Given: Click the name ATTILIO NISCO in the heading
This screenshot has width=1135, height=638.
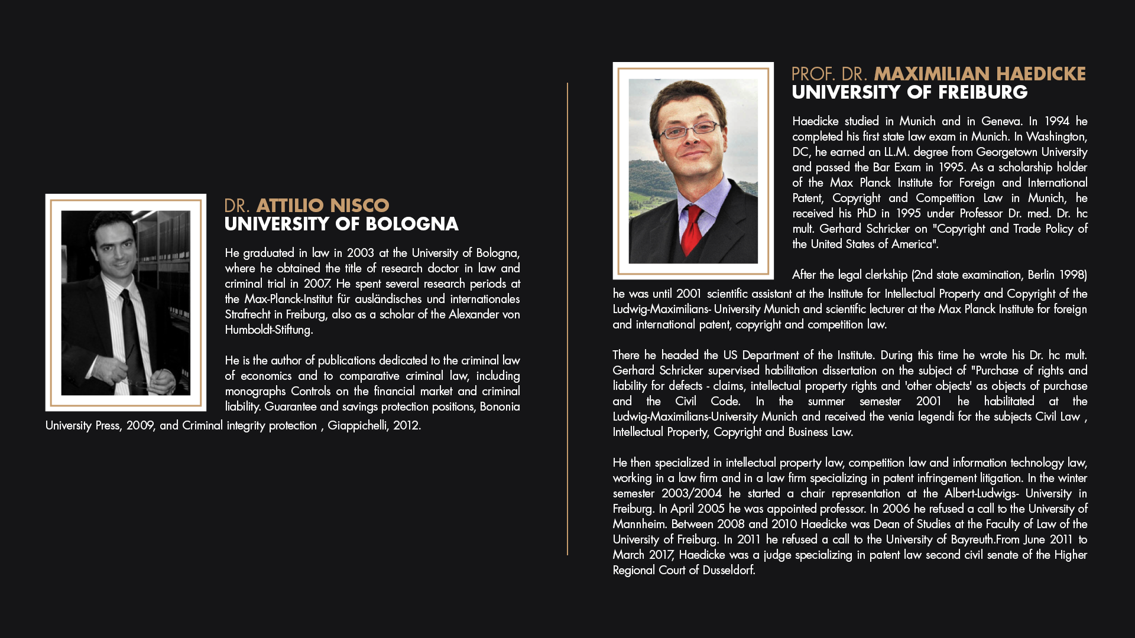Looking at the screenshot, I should (x=322, y=206).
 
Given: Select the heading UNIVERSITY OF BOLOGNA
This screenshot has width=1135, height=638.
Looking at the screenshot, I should (x=341, y=224).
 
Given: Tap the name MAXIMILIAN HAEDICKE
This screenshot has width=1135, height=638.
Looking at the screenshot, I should (x=980, y=74).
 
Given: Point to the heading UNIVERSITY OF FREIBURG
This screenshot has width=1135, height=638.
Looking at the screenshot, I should (x=909, y=93).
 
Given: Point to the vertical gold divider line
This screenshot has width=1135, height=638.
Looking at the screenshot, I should (x=567, y=319).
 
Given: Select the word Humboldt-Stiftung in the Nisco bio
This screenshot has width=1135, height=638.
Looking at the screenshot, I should (x=268, y=330).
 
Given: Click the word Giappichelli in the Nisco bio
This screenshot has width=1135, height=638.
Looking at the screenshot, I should (x=357, y=425).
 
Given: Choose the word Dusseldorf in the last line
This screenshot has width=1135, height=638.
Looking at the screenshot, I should (x=729, y=570).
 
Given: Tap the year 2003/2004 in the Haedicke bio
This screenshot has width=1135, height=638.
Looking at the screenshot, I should (x=691, y=493).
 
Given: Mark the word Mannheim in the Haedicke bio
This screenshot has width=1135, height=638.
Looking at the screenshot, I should (x=639, y=524).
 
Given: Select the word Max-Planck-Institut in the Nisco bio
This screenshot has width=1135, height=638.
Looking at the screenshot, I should (x=288, y=299).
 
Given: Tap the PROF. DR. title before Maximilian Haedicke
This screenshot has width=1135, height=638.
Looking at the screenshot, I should (x=829, y=74).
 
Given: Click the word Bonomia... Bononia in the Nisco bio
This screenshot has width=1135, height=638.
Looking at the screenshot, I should (x=500, y=406).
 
